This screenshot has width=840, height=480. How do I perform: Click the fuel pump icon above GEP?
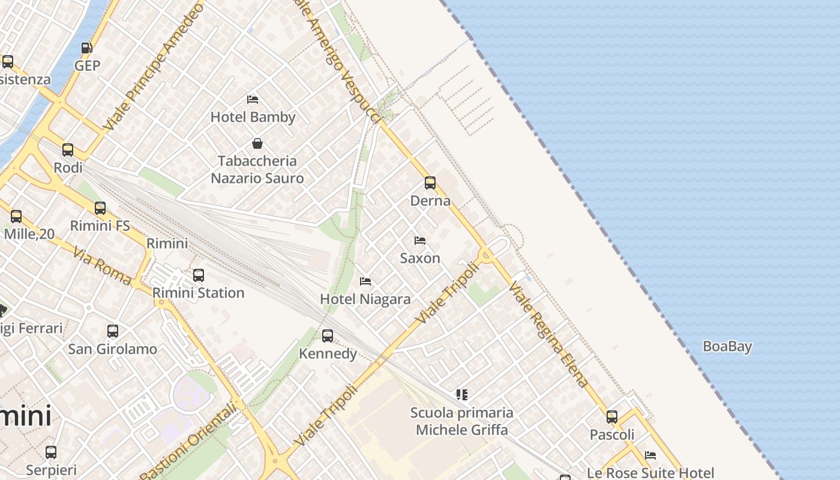(x=86, y=48)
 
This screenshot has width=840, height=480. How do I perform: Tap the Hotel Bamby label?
(x=253, y=117)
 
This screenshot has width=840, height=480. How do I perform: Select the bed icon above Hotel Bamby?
(x=253, y=99)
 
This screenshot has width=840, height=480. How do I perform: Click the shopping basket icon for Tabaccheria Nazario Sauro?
(x=257, y=143)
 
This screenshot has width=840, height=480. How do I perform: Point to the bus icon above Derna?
(x=430, y=183)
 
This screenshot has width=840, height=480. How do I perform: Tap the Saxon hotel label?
(x=420, y=258)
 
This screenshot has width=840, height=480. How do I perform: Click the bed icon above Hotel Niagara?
(x=365, y=281)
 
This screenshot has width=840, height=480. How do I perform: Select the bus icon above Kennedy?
(x=328, y=336)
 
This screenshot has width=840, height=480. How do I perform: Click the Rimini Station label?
(x=199, y=293)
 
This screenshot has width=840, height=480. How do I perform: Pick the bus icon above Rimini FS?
(x=100, y=208)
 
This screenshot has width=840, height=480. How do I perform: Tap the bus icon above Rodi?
(x=68, y=150)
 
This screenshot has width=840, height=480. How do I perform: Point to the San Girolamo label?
(x=113, y=349)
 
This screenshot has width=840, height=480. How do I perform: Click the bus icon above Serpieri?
(x=51, y=452)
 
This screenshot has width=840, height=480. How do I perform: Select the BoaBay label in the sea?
(x=727, y=346)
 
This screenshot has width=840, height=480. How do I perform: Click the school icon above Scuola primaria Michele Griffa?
(x=461, y=394)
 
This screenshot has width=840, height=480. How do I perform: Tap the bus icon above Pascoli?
(x=612, y=416)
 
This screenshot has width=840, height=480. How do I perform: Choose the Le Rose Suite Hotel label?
(x=650, y=473)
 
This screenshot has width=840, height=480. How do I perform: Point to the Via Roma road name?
(x=103, y=266)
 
